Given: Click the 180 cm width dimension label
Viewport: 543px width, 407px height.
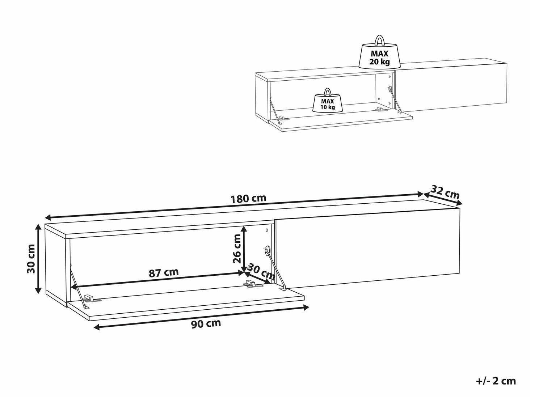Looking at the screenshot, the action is pyautogui.click(x=248, y=198).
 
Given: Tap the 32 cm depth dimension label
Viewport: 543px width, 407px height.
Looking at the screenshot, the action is pyautogui.click(x=445, y=192).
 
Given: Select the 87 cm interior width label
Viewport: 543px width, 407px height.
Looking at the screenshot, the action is pyautogui.click(x=164, y=272).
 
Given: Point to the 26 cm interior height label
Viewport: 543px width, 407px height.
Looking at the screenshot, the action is pyautogui.click(x=237, y=249).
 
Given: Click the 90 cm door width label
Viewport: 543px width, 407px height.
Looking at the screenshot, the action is pyautogui.click(x=206, y=323).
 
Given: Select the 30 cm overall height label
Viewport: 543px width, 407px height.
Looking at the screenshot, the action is pyautogui.click(x=31, y=259).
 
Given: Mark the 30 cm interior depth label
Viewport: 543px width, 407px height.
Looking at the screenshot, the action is pyautogui.click(x=261, y=271).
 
